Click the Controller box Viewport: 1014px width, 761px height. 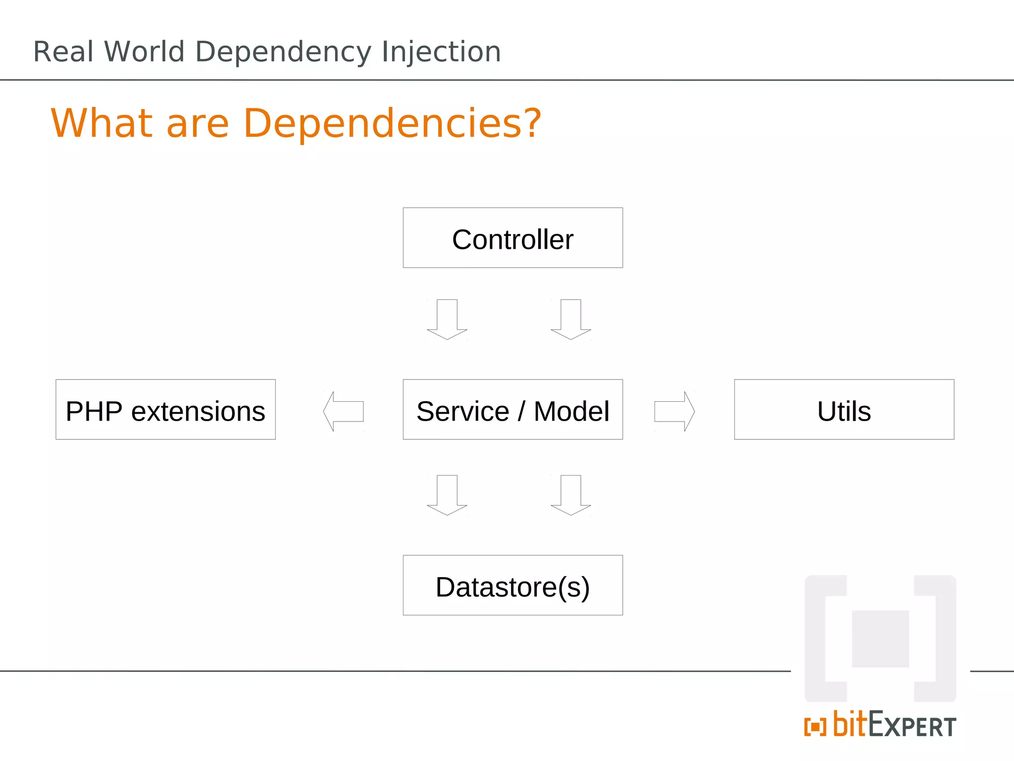pyautogui.click(x=512, y=238)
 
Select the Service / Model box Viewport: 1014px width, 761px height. pyautogui.click(x=512, y=410)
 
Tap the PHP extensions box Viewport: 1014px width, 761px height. pyautogui.click(x=165, y=410)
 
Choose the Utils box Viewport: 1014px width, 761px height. pyautogui.click(x=844, y=410)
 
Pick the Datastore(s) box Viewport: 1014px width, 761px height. pyautogui.click(x=512, y=585)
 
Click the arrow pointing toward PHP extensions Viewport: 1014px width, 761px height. pyautogui.click(x=343, y=411)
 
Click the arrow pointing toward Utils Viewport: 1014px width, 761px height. pyautogui.click(x=674, y=411)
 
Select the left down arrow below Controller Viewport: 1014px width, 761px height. pyautogui.click(x=447, y=320)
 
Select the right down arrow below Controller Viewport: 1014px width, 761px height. pyautogui.click(x=571, y=320)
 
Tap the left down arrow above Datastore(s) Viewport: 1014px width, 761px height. pyautogui.click(x=447, y=495)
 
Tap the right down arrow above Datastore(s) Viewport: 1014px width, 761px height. pyautogui.click(x=571, y=495)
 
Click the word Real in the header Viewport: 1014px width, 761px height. pyautogui.click(x=63, y=52)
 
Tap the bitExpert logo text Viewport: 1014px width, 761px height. pyautogui.click(x=894, y=725)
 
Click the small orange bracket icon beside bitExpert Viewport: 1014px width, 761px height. pyautogui.click(x=815, y=727)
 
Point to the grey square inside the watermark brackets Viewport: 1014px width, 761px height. pyautogui.click(x=880, y=639)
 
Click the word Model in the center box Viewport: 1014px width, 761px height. pyautogui.click(x=571, y=411)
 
